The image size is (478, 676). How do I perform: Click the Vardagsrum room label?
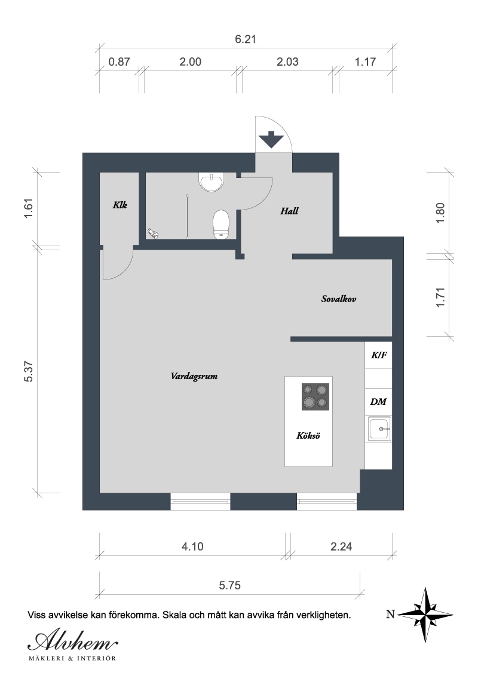pos(194,376)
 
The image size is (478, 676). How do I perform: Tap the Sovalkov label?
pos(339,299)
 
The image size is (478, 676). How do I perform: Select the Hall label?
pos(289,211)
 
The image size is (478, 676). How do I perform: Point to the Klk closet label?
pos(120,205)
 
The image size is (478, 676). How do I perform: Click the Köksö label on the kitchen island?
pos(308,435)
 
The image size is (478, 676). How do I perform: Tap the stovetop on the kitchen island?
pos(315,397)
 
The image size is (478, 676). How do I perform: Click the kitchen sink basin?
pos(379,429)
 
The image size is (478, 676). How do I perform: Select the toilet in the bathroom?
pos(221,224)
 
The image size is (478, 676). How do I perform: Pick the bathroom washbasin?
pos(212,182)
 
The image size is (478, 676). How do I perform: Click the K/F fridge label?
pos(379,355)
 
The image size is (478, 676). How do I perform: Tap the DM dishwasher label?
pos(378,402)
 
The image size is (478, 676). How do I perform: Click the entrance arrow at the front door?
pos(271,139)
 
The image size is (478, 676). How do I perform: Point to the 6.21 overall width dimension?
pos(246,39)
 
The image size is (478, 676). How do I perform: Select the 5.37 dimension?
pos(29,371)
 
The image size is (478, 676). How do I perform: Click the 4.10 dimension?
pos(192,546)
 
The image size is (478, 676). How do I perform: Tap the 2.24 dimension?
pos(341,546)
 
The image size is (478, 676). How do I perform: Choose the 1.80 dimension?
pos(440,213)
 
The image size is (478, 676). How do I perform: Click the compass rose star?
pos(425,614)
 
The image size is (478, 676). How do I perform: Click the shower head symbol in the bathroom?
pos(153,233)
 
